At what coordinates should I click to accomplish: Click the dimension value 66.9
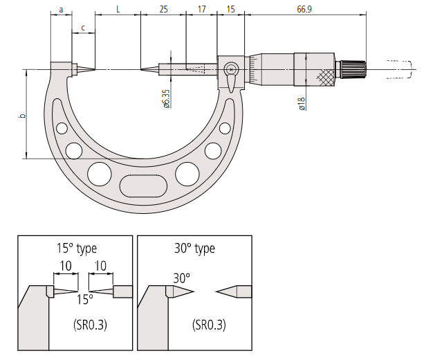304,9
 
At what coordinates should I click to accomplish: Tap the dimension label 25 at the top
163,9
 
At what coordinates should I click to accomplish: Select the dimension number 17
202,9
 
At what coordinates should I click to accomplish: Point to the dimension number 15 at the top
231,9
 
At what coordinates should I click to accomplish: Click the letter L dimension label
118,9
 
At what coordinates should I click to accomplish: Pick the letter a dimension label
61,10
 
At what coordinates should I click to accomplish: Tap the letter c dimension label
83,28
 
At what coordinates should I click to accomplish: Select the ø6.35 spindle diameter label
166,99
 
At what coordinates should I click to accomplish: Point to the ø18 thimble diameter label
302,104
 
